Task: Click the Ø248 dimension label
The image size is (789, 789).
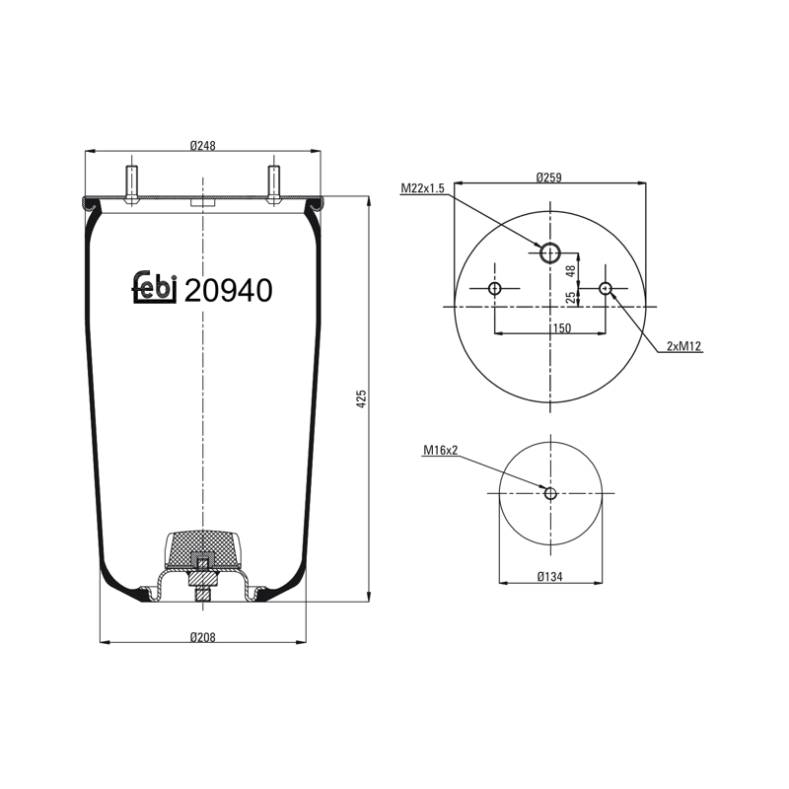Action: (x=203, y=145)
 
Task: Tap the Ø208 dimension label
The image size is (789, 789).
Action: (x=203, y=637)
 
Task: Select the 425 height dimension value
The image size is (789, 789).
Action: (x=361, y=398)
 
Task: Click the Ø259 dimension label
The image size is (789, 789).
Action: (x=548, y=178)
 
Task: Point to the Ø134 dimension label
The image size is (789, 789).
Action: (x=549, y=576)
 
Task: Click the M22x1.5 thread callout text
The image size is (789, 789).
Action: (x=423, y=188)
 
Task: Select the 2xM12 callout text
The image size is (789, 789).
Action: (x=683, y=346)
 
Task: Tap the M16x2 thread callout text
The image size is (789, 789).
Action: (x=440, y=450)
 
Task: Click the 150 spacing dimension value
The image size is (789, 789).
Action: (x=561, y=328)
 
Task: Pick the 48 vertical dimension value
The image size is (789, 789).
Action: (x=570, y=271)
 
